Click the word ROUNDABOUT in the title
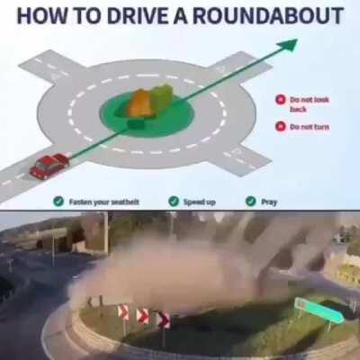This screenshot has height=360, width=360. pyautogui.click(x=268, y=15)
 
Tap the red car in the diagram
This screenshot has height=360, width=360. pyautogui.click(x=49, y=166)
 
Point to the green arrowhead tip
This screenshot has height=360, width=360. pyautogui.click(x=297, y=40)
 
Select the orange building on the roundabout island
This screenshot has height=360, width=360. pyautogui.click(x=141, y=103)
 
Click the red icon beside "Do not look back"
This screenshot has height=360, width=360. pyautogui.click(x=281, y=100)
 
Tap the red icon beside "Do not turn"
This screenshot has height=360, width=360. pyautogui.click(x=281, y=126)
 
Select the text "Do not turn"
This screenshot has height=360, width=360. pyautogui.click(x=310, y=127)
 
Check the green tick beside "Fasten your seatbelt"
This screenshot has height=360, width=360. pyautogui.click(x=58, y=202)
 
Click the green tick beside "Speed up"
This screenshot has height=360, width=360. pyautogui.click(x=174, y=202)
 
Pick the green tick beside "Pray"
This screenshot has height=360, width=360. pyautogui.click(x=251, y=202)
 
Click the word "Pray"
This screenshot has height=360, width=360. pyautogui.click(x=269, y=202)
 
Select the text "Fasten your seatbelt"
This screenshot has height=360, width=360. pyautogui.click(x=104, y=202)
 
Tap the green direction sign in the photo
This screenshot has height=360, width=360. pyautogui.click(x=319, y=310)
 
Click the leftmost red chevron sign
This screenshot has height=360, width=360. pyautogui.click(x=123, y=311)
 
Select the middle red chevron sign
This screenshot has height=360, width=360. pyautogui.click(x=142, y=316)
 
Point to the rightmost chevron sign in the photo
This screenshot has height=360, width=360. pyautogui.click(x=164, y=320)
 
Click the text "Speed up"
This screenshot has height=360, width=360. pyautogui.click(x=200, y=202)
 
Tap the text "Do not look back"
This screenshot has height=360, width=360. pyautogui.click(x=310, y=103)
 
